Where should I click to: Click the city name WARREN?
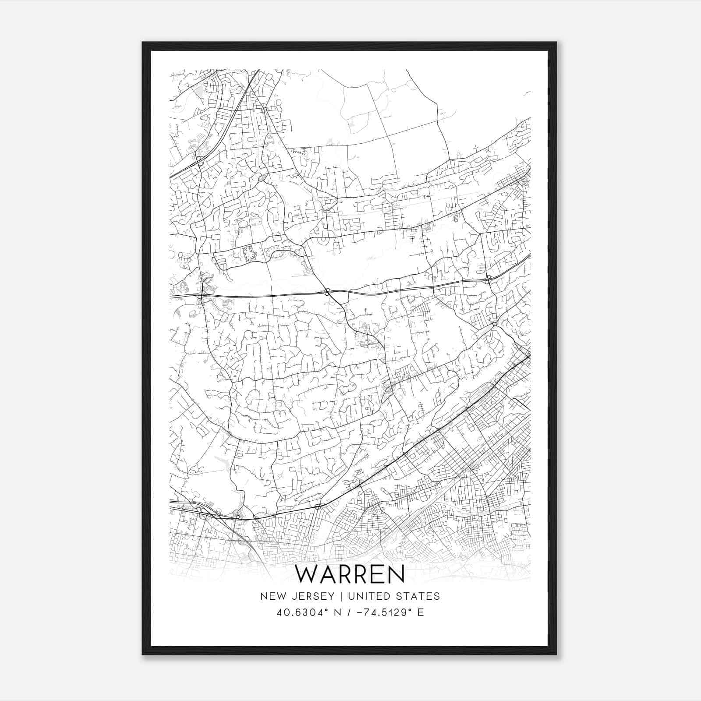[x=350, y=574]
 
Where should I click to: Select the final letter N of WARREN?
[x=396, y=574]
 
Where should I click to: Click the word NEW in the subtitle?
[x=270, y=596]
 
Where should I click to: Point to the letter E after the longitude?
[x=421, y=612]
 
